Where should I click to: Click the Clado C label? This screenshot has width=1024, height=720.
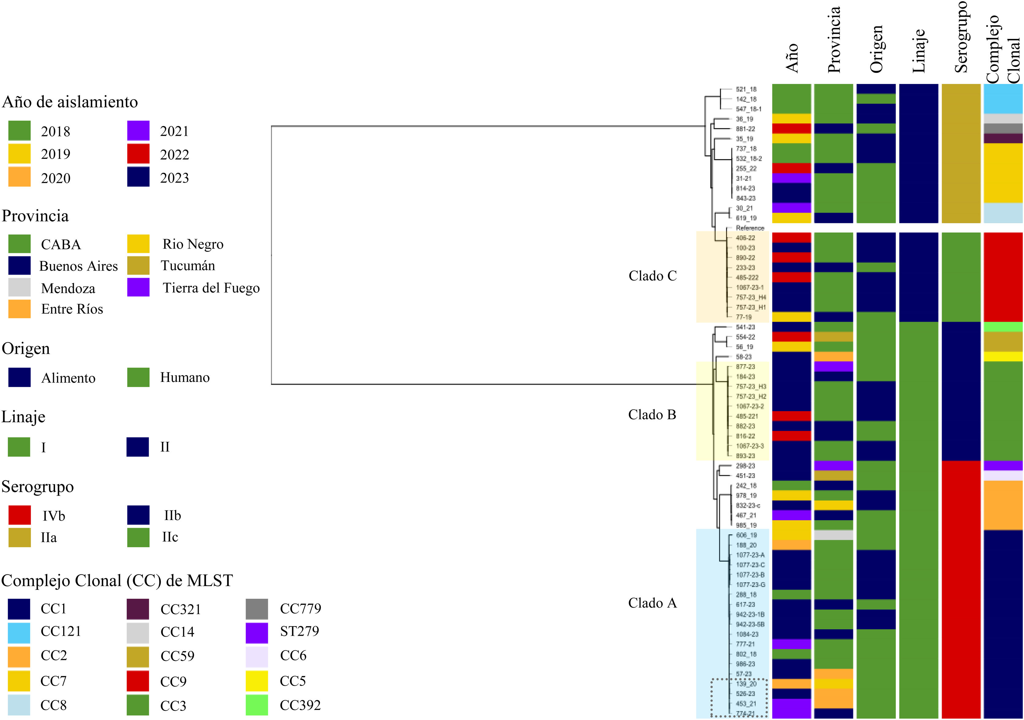[x=653, y=276]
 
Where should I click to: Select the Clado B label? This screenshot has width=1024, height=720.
[x=652, y=414]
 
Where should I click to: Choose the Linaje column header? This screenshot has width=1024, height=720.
[x=919, y=51]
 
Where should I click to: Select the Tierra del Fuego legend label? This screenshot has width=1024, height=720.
[x=211, y=288]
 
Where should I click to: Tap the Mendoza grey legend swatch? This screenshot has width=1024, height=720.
[x=19, y=287]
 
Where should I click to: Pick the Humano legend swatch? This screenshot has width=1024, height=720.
[x=138, y=377]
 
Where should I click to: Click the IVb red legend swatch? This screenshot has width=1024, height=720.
[x=20, y=515]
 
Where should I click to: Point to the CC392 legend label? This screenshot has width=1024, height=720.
[x=300, y=705]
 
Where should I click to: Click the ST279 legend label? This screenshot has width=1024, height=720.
[x=299, y=631]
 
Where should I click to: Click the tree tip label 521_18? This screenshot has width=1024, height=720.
[x=746, y=89]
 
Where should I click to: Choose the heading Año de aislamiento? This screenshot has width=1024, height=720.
[x=70, y=102]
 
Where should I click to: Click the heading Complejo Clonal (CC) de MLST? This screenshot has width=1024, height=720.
[x=117, y=581]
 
